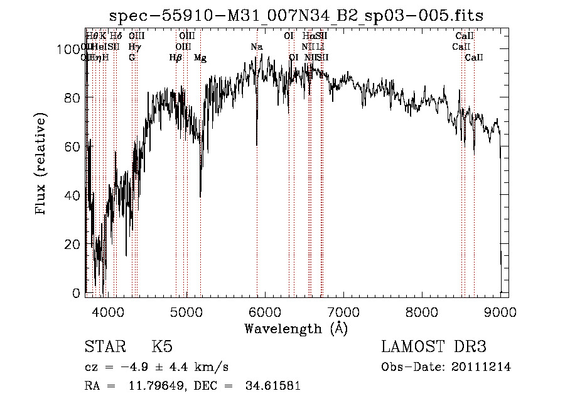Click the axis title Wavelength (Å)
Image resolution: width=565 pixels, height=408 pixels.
(x=296, y=328)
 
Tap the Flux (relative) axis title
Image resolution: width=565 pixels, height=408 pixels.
(x=42, y=165)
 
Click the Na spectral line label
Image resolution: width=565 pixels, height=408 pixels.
(x=256, y=47)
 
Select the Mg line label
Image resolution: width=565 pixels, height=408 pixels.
(x=200, y=58)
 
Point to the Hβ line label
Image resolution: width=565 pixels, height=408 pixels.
(x=176, y=58)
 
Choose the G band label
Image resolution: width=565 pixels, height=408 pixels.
(x=132, y=58)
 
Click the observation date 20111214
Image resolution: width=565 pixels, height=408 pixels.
(x=481, y=367)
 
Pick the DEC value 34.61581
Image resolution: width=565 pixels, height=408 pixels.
(x=272, y=386)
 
